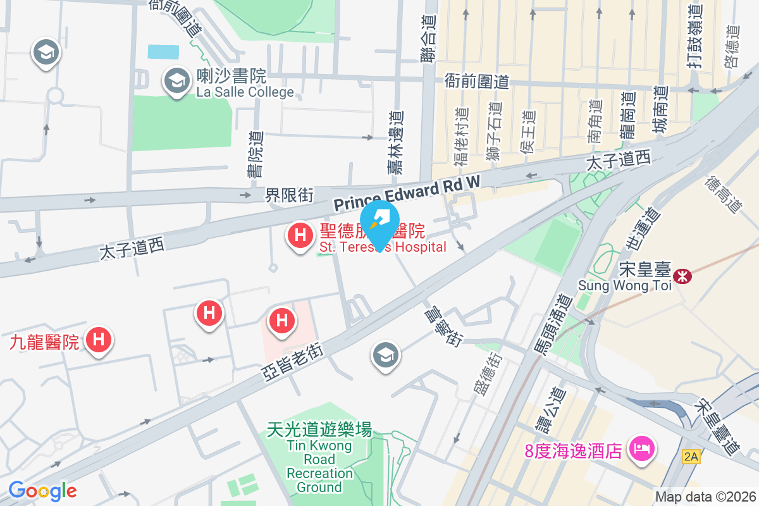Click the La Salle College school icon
[176, 81]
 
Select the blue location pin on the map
[379, 225]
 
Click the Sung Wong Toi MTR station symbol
[682, 276]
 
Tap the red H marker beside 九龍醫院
[98, 340]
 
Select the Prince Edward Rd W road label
[407, 193]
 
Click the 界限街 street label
[289, 195]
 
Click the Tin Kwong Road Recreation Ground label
[319, 458]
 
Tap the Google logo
[43, 490]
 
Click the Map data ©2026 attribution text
[705, 497]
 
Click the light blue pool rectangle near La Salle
[163, 52]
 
